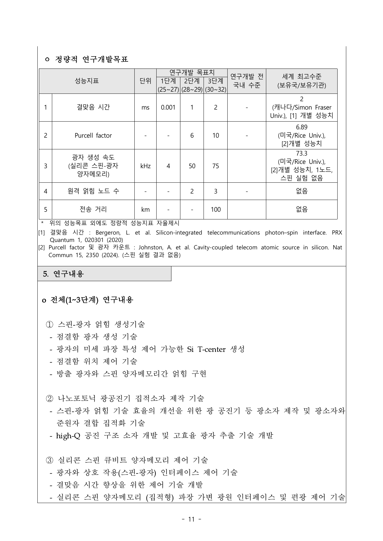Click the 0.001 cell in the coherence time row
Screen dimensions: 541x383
168,107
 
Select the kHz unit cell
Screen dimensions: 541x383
145,166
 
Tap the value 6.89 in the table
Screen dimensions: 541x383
301,127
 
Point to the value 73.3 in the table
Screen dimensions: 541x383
301,154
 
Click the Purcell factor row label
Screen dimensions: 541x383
93,135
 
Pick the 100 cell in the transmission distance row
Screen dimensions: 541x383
216,210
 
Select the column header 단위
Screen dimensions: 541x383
145,81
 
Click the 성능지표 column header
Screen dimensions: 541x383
86,81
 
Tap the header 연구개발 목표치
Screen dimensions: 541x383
192,73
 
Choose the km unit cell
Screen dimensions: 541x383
145,210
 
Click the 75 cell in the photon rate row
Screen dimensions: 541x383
216,166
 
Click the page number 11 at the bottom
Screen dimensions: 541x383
192,519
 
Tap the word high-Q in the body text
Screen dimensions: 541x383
68,435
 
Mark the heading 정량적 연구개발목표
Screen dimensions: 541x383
91,59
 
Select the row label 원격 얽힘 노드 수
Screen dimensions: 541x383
93,191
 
